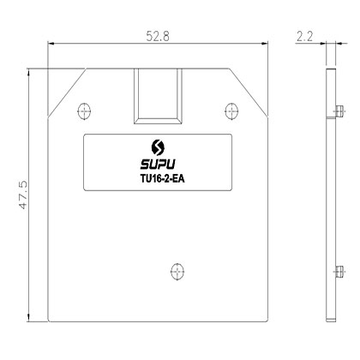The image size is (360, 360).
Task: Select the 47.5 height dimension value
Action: tap(25, 195)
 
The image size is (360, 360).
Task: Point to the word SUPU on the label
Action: tap(156, 160)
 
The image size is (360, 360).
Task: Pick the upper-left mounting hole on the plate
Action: tap(83, 109)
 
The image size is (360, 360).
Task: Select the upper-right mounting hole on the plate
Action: tap(230, 109)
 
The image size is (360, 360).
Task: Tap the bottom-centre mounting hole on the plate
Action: tap(177, 270)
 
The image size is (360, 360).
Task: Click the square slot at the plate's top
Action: tap(156, 96)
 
